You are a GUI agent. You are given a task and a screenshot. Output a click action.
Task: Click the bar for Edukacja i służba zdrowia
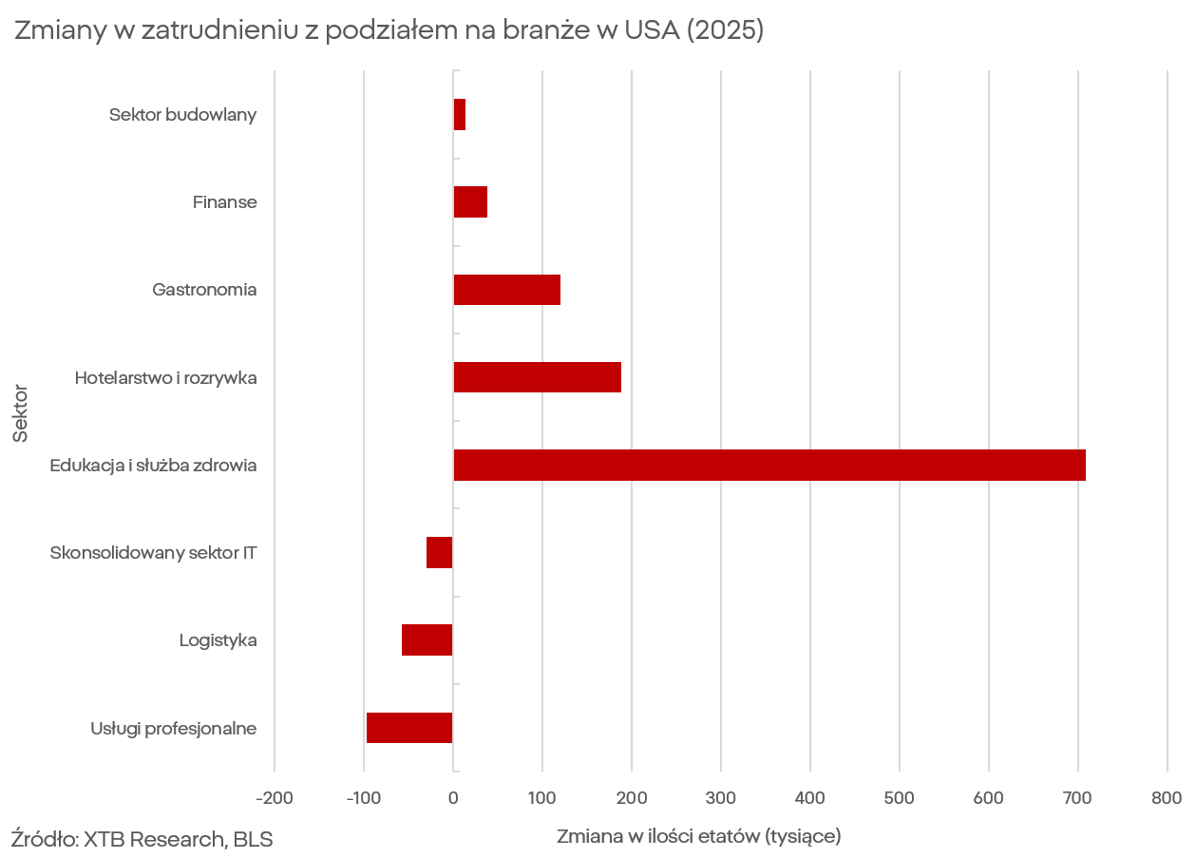click(x=769, y=465)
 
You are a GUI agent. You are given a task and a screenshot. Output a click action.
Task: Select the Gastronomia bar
click(x=506, y=290)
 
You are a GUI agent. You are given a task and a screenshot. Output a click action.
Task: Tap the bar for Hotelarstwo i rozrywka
click(x=537, y=377)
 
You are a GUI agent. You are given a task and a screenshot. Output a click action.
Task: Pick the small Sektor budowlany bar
click(x=460, y=115)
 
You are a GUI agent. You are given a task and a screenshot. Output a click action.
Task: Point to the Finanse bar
click(x=470, y=202)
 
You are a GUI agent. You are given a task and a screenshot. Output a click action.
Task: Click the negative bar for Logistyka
click(x=427, y=640)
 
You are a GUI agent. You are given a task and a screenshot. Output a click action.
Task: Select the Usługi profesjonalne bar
click(x=409, y=728)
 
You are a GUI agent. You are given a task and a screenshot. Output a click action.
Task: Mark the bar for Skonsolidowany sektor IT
click(x=440, y=552)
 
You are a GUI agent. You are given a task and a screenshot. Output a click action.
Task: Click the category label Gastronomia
click(x=204, y=290)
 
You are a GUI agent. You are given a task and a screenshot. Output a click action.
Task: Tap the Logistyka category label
click(x=218, y=640)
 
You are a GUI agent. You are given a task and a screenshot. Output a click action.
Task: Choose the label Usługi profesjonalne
click(x=174, y=729)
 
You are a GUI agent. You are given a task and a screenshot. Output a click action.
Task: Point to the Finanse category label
click(x=224, y=202)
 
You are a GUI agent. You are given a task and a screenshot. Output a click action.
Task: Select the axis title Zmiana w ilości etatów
click(x=698, y=837)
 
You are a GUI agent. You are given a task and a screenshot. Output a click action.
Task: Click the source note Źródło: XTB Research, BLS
click(x=142, y=839)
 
